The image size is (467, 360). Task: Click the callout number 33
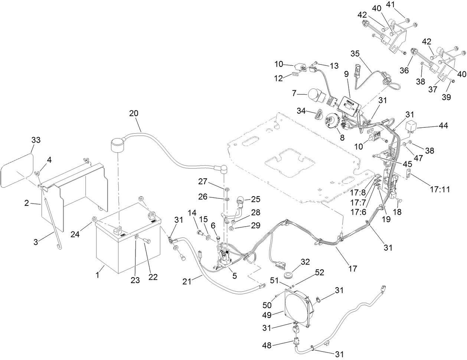coord(36,140)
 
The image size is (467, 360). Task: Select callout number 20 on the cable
coord(134,113)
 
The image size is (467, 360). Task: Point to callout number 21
coord(190,281)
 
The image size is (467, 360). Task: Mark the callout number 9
coord(346,74)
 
